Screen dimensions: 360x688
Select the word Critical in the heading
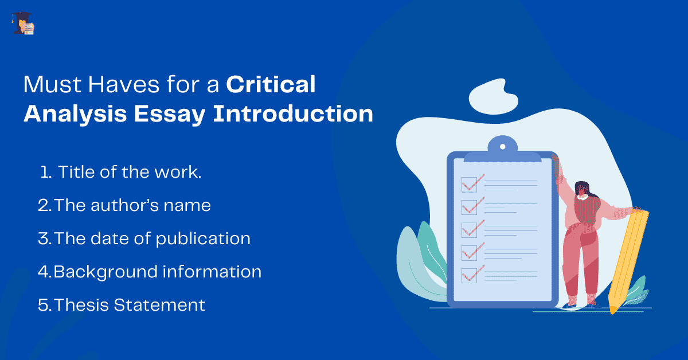[271, 85]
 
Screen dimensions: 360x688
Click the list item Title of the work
[130, 173]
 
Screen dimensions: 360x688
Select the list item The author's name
[132, 205]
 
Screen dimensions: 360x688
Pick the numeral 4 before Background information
[44, 271]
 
